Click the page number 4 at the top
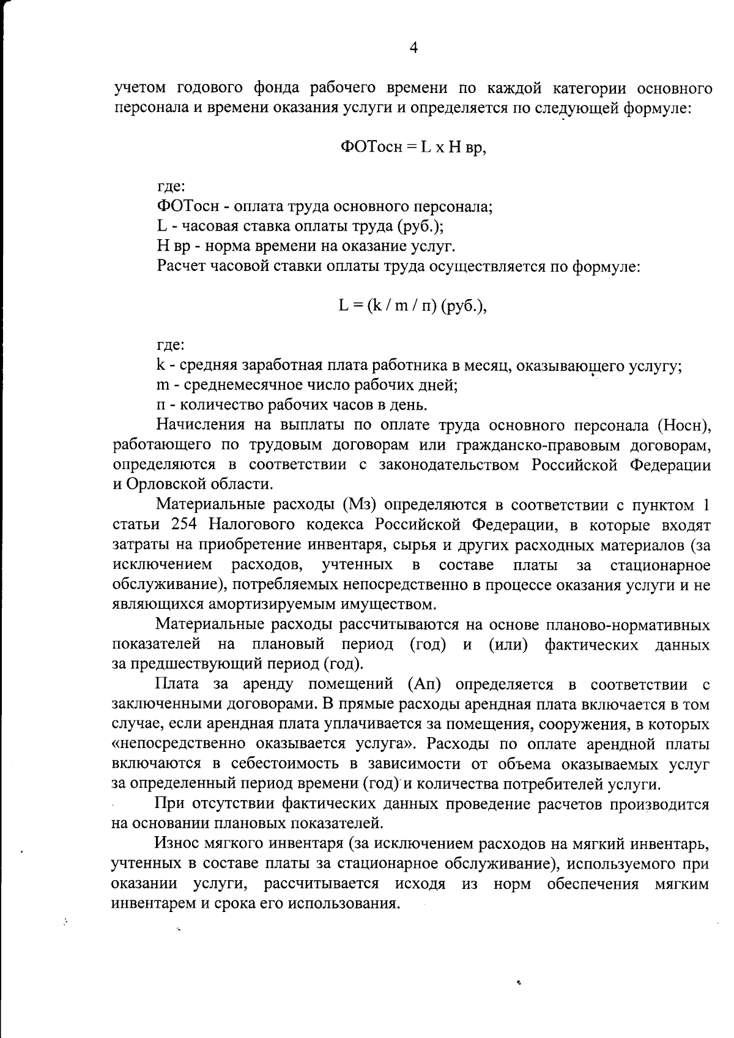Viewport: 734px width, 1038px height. point(413,48)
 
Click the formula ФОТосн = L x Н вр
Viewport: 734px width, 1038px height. point(413,147)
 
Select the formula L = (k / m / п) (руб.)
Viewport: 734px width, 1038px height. point(413,305)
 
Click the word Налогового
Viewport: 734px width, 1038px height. point(256,525)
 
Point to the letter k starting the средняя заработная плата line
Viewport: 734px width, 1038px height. point(161,365)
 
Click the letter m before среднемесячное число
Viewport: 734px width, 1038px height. point(163,385)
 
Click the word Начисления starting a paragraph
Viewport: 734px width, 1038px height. point(201,425)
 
